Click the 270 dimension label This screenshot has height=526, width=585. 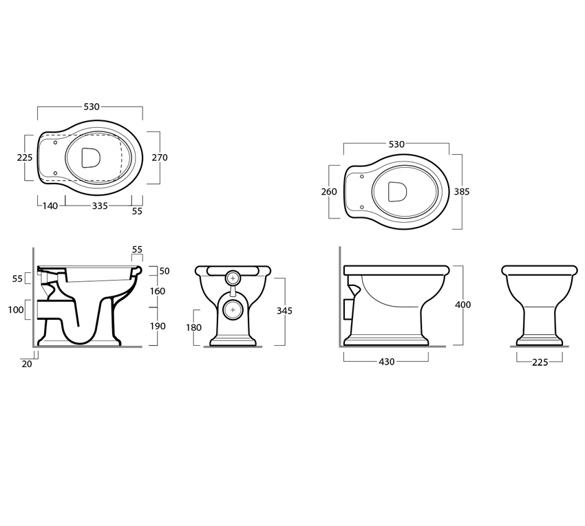tap(160, 157)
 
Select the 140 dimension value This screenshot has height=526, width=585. tap(50, 206)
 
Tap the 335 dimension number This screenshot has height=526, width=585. tap(100, 206)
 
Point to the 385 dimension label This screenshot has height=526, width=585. tap(462, 192)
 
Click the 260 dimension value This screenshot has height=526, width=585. tap(329, 192)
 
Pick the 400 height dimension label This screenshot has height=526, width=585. tap(463, 305)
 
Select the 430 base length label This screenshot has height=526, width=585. tap(387, 362)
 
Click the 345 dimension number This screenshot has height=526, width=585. tap(285, 311)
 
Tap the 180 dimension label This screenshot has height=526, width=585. tap(193, 327)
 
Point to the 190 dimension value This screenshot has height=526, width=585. tap(158, 326)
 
